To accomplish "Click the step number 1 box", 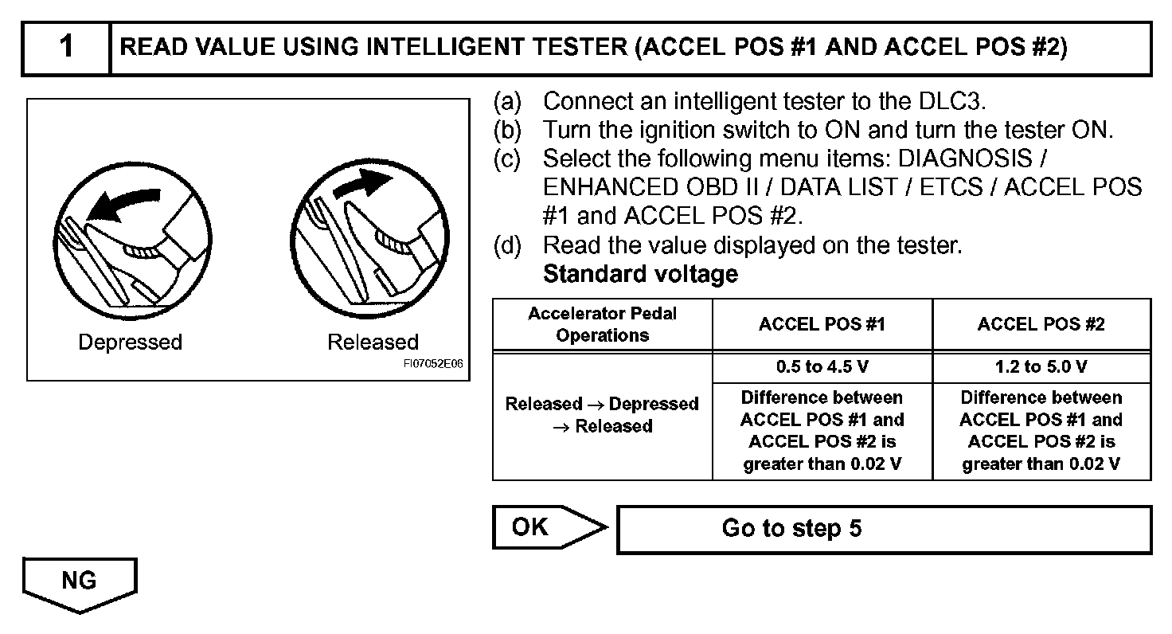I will (66, 47).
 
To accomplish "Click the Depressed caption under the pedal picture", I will (130, 342).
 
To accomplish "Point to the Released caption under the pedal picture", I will (373, 342).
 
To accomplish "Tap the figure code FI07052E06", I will (432, 364).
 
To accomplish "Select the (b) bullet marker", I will (506, 130).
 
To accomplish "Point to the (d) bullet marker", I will (506, 246).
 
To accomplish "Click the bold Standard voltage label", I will (640, 275).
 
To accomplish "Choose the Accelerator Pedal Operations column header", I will (602, 324).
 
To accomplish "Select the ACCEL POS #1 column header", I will (822, 324).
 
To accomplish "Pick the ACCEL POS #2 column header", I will (1041, 324).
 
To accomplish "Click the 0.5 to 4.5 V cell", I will (822, 367).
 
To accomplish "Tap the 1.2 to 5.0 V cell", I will (1041, 367).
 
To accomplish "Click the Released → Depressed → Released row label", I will (602, 415).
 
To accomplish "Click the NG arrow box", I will (80, 583).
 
